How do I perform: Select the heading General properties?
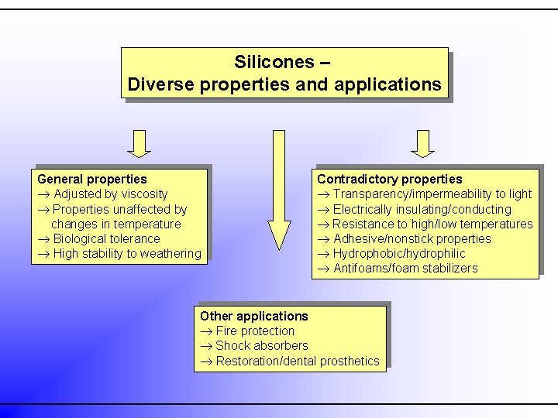click(91, 179)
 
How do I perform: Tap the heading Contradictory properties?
click(389, 179)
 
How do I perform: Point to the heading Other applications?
click(253, 316)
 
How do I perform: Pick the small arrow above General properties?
click(139, 143)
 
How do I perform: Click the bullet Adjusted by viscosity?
click(110, 194)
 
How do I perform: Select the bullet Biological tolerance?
click(106, 238)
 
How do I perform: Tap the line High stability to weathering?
click(126, 253)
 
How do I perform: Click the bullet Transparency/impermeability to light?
click(432, 194)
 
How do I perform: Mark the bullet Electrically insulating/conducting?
click(422, 209)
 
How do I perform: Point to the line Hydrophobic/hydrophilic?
click(399, 253)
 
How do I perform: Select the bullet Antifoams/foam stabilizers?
click(405, 269)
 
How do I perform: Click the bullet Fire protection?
click(255, 331)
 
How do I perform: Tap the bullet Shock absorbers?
click(261, 345)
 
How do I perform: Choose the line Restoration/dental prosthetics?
click(297, 361)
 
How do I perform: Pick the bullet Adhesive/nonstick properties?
click(412, 238)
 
